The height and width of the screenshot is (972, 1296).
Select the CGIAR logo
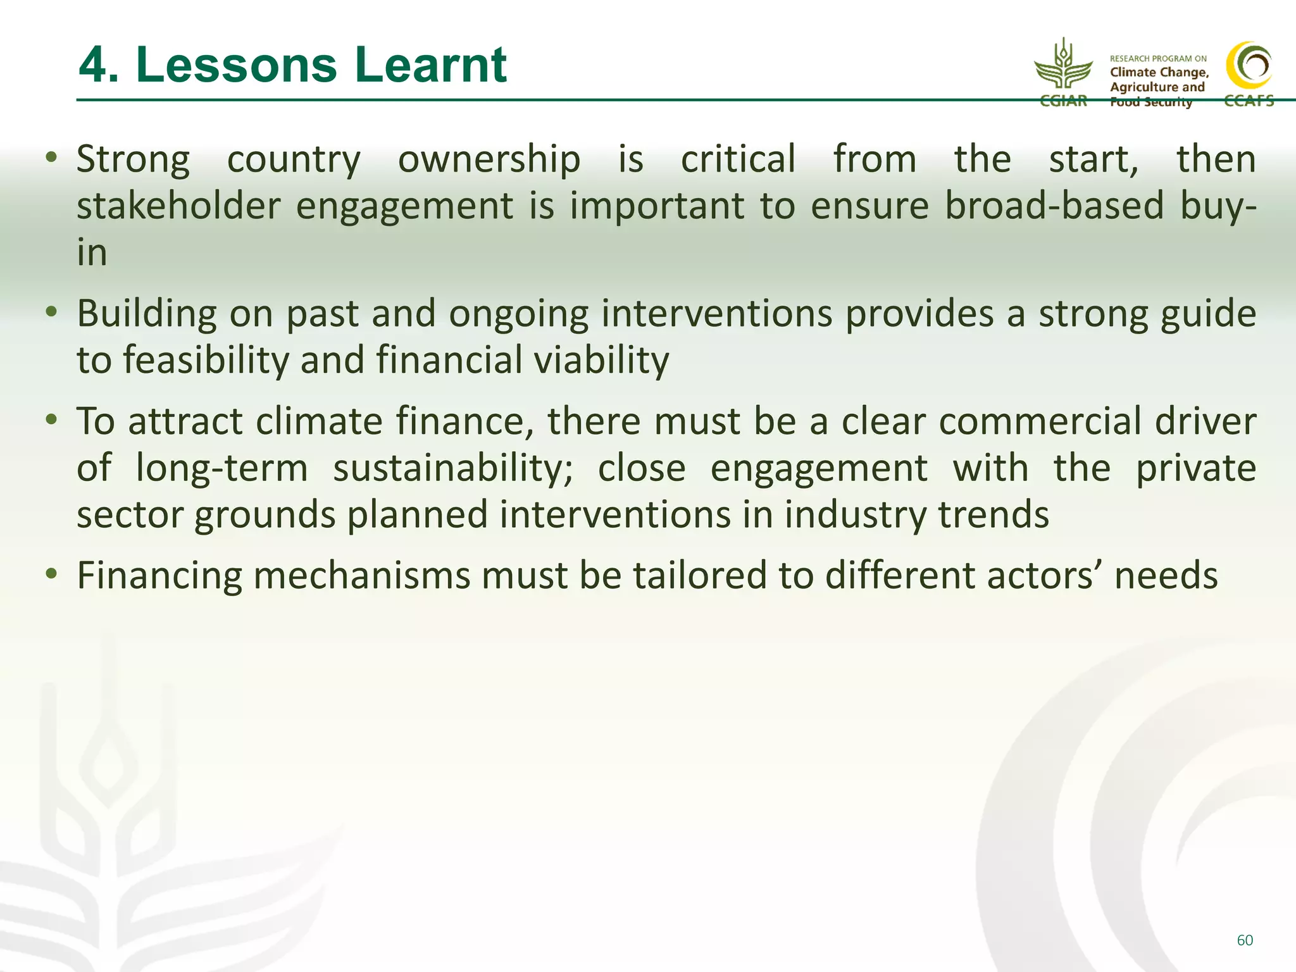pyautogui.click(x=1063, y=73)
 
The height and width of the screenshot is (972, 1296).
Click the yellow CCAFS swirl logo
pyautogui.click(x=1249, y=66)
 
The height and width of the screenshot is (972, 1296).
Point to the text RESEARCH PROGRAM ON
pyautogui.click(x=1158, y=58)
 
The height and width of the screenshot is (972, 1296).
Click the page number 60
pyautogui.click(x=1244, y=940)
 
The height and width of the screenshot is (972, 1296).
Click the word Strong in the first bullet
pyautogui.click(x=133, y=159)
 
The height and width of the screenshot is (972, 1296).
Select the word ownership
pyautogui.click(x=489, y=159)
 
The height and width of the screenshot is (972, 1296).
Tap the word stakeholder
pyautogui.click(x=178, y=206)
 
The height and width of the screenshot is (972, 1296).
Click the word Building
pyautogui.click(x=146, y=314)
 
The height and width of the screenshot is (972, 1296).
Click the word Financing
pyautogui.click(x=159, y=576)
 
